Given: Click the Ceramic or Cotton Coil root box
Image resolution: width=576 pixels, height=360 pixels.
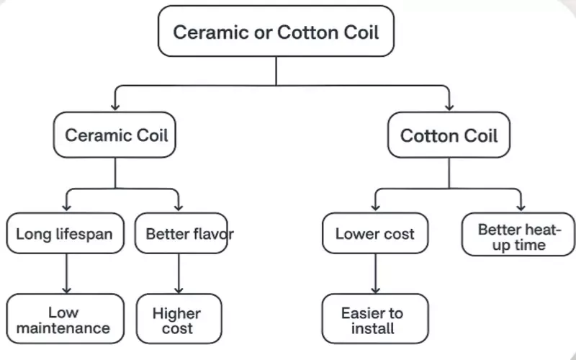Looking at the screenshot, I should click(x=276, y=32).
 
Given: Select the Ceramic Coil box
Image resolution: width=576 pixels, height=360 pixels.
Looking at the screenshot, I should click(x=116, y=135).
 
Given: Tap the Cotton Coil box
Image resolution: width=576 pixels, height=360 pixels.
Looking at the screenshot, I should click(x=449, y=136).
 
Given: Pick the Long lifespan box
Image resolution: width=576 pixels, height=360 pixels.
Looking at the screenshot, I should click(x=64, y=233).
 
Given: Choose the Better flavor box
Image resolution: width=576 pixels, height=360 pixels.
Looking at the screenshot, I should click(x=181, y=233).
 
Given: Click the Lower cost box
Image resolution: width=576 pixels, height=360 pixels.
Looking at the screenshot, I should click(x=374, y=233).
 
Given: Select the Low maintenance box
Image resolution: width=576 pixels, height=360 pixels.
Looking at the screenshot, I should click(x=64, y=320).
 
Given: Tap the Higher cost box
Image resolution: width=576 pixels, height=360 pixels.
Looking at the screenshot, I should click(x=176, y=320).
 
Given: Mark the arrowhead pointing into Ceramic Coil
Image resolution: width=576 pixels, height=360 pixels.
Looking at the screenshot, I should click(x=115, y=107).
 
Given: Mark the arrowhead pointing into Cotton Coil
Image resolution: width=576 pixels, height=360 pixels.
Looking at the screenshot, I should click(x=449, y=107).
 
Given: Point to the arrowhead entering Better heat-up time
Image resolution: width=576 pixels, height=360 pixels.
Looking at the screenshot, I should click(x=520, y=207).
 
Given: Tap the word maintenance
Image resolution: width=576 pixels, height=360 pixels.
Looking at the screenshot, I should click(x=64, y=329).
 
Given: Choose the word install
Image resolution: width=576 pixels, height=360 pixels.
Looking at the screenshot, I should click(x=373, y=329).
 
